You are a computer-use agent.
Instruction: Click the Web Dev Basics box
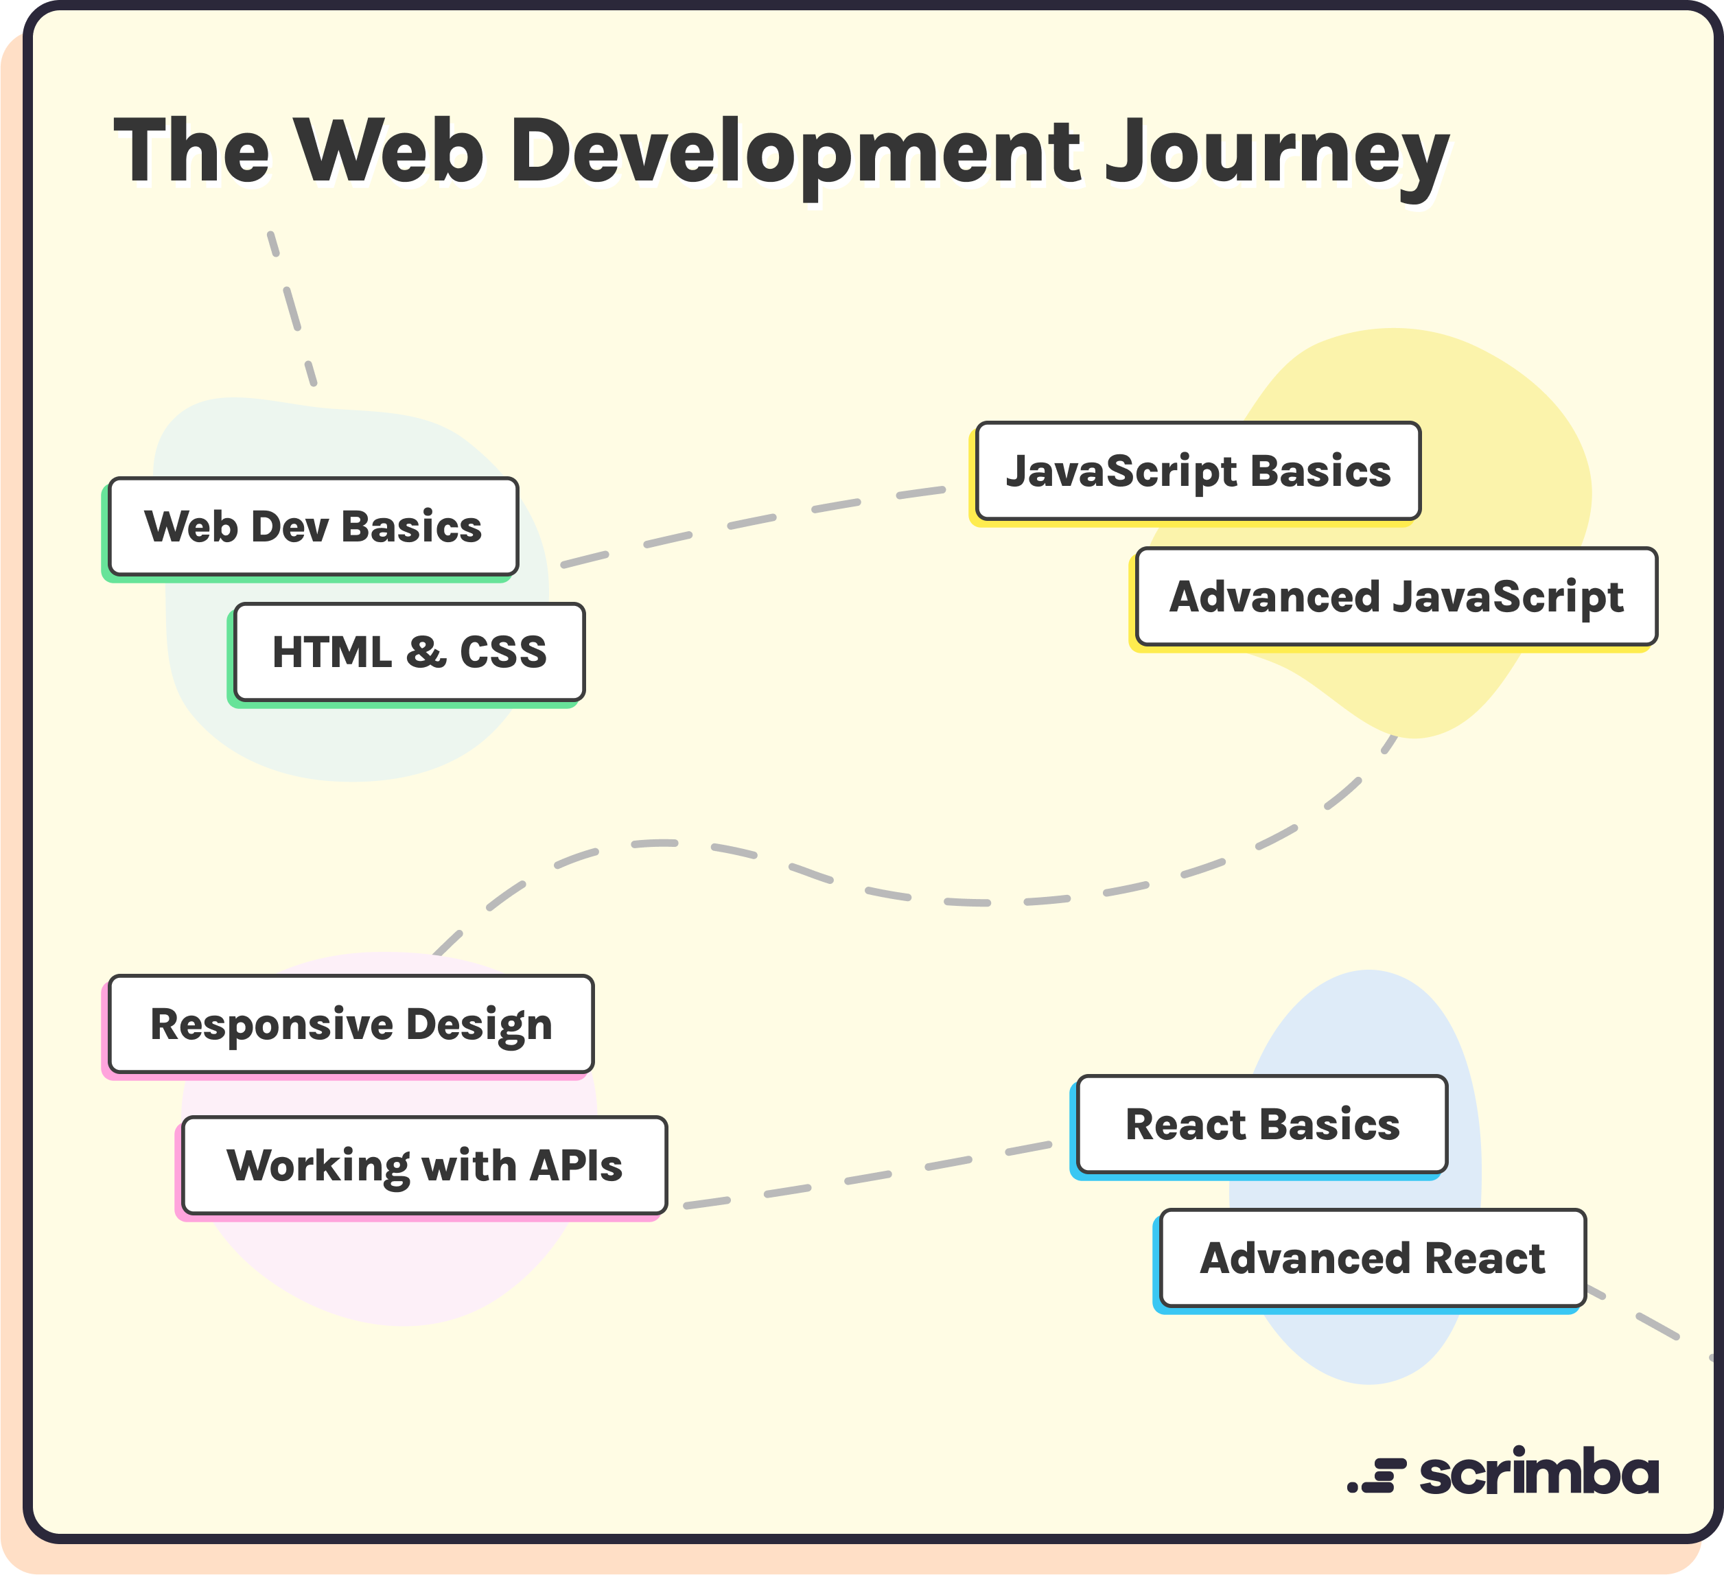313,526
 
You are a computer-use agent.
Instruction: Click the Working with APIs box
424,1165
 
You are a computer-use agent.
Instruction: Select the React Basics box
1261,1124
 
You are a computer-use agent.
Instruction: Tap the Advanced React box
1372,1259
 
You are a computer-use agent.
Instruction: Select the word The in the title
191,152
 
